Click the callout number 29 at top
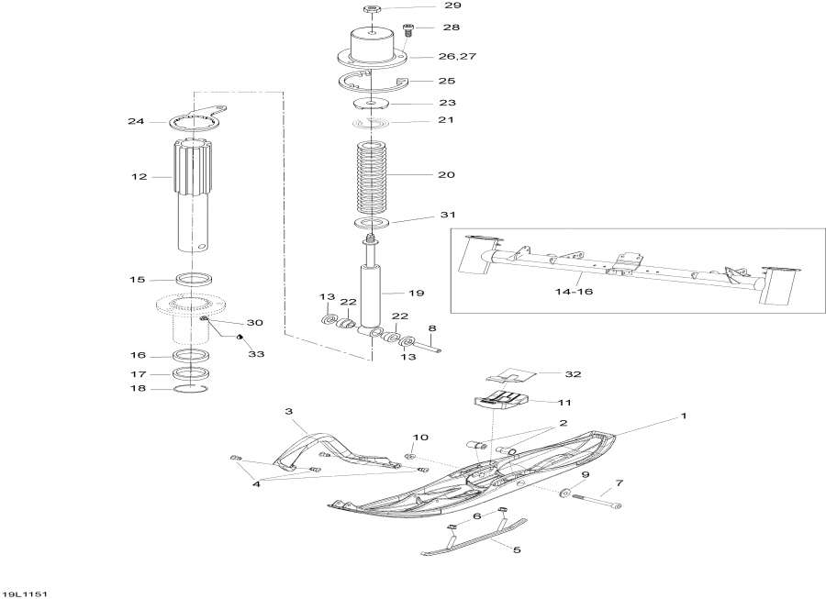pyautogui.click(x=453, y=7)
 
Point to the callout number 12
pyautogui.click(x=139, y=176)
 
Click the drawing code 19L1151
pyautogui.click(x=25, y=593)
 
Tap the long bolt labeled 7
pyautogui.click(x=595, y=500)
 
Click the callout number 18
pyautogui.click(x=139, y=389)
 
